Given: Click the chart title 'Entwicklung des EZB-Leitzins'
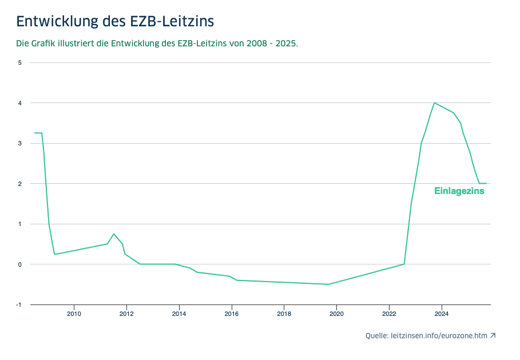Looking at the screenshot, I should coord(115,21).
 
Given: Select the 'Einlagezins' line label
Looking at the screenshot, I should coord(459,191).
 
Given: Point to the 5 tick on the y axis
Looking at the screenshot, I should coord(19,62).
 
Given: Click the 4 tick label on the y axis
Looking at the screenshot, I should coord(19,103).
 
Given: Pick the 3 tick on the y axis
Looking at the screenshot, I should coord(19,143).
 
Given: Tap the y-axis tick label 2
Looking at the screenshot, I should coord(19,184).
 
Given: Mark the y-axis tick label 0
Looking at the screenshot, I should coord(19,264).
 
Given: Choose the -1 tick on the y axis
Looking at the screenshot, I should coord(19,304).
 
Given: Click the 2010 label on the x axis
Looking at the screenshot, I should coord(74,313).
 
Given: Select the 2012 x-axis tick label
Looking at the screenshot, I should coord(126,313).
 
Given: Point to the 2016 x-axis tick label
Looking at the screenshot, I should coord(231,313).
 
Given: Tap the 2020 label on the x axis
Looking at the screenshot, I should coord(336,313).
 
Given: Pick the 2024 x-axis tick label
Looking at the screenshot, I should coord(441,313).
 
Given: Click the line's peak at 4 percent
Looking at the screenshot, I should coord(435,103).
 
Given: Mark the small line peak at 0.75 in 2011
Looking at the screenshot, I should coord(114,234).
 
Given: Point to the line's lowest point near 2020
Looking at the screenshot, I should coord(328,284).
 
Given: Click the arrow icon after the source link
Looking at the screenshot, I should coord(493,336).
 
